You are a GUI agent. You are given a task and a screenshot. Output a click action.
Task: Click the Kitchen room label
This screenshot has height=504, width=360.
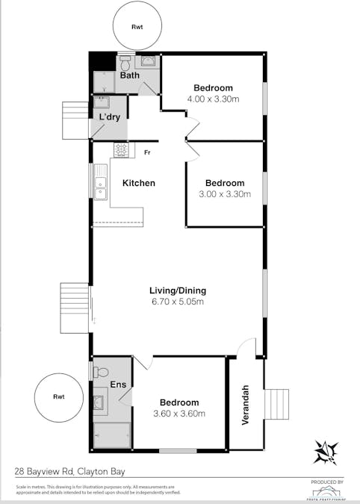click(x=138, y=183)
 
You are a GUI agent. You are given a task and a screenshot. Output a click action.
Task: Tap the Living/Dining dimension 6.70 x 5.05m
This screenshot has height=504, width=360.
click(x=178, y=302)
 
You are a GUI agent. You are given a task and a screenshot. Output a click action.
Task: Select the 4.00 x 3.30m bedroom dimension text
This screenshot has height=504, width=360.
click(x=213, y=99)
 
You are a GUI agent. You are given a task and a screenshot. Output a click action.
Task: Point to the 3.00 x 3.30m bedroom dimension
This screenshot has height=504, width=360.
click(x=225, y=194)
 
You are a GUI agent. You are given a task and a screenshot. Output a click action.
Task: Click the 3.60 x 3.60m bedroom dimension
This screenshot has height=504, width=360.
click(x=179, y=413)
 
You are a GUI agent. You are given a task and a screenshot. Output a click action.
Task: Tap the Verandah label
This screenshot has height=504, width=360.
click(x=245, y=405)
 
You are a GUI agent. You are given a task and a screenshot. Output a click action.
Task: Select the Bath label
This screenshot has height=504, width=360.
click(x=129, y=75)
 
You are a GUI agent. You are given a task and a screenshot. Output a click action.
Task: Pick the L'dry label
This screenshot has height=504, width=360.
click(x=110, y=116)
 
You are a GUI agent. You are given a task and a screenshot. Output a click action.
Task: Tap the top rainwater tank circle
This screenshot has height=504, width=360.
click(x=137, y=26)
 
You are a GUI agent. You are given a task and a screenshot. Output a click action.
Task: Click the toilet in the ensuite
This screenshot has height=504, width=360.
click(x=102, y=371)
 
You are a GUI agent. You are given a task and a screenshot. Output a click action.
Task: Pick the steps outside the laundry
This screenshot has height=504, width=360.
click(x=75, y=120)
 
